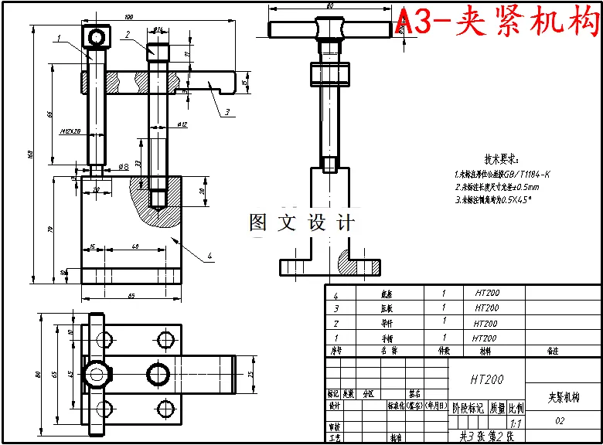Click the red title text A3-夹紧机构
(497, 22)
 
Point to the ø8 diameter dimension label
(123, 166)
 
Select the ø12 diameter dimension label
(182, 124)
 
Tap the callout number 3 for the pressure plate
(227, 112)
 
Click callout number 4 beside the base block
(209, 255)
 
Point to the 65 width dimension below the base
(131, 296)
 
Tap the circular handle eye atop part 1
(96, 36)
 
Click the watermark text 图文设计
(301, 223)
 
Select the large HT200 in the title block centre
(486, 379)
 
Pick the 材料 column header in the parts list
(485, 350)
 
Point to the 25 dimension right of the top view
(250, 375)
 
